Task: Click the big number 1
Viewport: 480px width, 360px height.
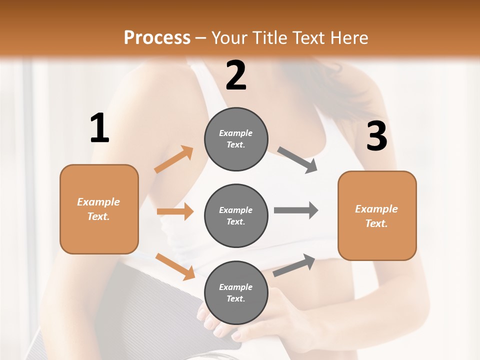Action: click(99, 128)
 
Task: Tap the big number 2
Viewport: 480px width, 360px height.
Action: click(236, 75)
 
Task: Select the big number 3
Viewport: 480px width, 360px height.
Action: click(377, 136)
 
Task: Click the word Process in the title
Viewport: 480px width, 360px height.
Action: click(157, 37)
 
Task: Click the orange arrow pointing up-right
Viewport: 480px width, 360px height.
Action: click(174, 159)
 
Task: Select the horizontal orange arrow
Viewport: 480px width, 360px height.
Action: click(175, 211)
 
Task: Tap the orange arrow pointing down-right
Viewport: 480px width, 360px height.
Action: click(175, 266)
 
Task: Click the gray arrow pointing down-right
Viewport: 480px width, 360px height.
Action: click(297, 160)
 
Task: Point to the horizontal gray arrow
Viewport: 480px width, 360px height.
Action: click(295, 210)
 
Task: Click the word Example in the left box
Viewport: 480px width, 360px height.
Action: click(98, 202)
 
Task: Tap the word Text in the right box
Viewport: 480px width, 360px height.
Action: click(376, 223)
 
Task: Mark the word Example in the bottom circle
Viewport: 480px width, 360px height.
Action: click(235, 287)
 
